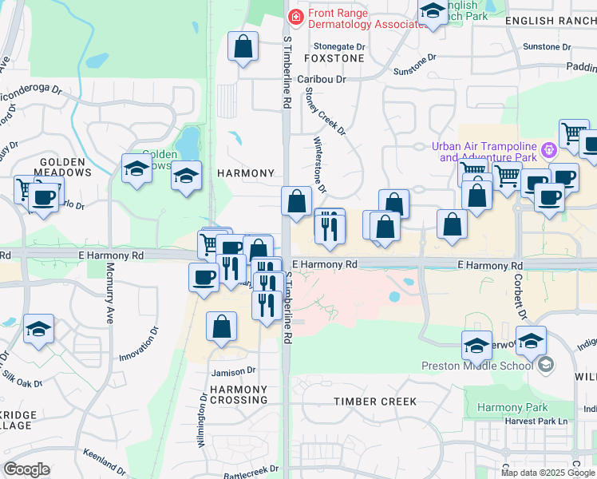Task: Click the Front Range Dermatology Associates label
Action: pyautogui.click(x=365, y=18)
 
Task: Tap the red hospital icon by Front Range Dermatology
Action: pyautogui.click(x=295, y=16)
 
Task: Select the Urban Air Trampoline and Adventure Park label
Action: pyautogui.click(x=485, y=152)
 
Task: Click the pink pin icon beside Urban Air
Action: pyautogui.click(x=548, y=150)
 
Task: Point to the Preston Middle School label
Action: pyautogui.click(x=476, y=366)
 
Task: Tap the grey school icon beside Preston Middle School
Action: pyautogui.click(x=546, y=366)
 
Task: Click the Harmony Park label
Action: pyautogui.click(x=509, y=408)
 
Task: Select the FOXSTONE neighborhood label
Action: pyautogui.click(x=334, y=58)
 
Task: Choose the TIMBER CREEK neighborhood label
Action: pyautogui.click(x=375, y=402)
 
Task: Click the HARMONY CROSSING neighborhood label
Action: pyautogui.click(x=239, y=394)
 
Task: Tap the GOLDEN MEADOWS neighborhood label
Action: pyautogui.click(x=65, y=166)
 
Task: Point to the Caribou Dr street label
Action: pyautogui.click(x=322, y=80)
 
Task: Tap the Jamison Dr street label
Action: pyautogui.click(x=233, y=370)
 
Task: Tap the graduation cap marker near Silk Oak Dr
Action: pyautogui.click(x=38, y=329)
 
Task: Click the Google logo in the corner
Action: pyautogui.click(x=27, y=469)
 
